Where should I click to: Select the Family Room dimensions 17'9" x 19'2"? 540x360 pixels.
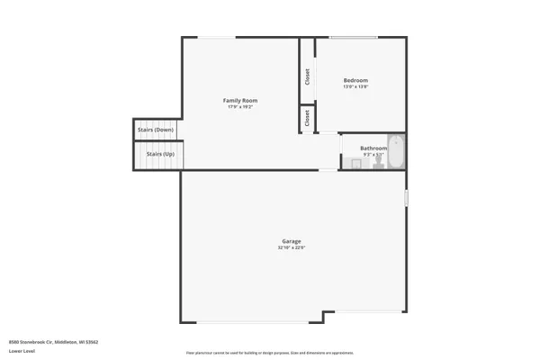240,107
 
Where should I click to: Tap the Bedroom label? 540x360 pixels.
355,80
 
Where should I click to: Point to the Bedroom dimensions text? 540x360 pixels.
355,87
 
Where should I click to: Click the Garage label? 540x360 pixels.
292,241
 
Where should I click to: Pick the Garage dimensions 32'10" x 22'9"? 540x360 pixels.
292,248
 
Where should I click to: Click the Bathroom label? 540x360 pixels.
373,148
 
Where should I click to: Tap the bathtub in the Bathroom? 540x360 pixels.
397,151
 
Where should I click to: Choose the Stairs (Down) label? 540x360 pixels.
155,130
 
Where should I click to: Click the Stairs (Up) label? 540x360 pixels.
155,154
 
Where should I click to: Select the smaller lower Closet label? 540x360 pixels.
307,118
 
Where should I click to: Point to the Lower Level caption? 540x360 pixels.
22,351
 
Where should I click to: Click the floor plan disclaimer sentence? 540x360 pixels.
269,353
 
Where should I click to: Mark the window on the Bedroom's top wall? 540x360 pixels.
353,37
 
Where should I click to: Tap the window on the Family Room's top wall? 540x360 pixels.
218,37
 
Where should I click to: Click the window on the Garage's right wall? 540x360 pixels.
406,197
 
